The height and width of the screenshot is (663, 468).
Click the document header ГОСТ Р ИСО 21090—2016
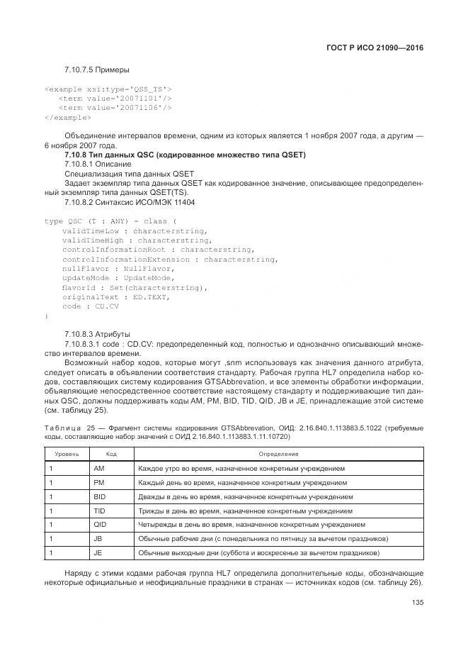(379, 48)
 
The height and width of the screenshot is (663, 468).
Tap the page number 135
(417, 603)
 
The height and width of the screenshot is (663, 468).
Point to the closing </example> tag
(67, 117)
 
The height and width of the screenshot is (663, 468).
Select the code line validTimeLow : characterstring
(135, 231)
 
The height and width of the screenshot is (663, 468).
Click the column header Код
(111, 453)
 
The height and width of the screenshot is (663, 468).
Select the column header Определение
(278, 453)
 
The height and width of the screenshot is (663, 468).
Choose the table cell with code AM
(99, 469)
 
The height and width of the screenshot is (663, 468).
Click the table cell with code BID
(100, 497)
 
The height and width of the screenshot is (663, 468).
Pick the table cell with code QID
(100, 525)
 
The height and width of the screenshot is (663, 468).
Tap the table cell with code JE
(98, 552)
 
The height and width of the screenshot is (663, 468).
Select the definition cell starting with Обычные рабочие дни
(263, 539)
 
